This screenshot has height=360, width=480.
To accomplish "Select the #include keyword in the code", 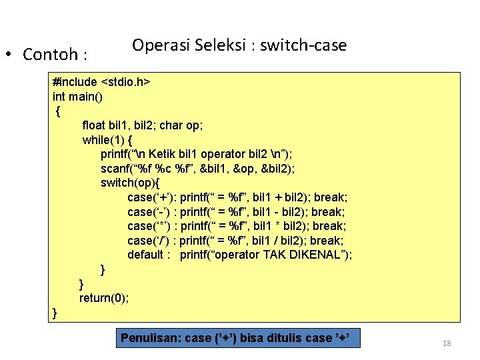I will [x=75, y=82].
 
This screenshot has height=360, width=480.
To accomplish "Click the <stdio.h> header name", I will [x=125, y=82].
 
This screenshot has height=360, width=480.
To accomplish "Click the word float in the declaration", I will [x=95, y=125].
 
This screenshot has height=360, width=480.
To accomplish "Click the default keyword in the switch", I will [x=145, y=255].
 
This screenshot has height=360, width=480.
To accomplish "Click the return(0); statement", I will [x=104, y=298].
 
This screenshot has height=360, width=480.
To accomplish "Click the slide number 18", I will [x=447, y=343].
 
